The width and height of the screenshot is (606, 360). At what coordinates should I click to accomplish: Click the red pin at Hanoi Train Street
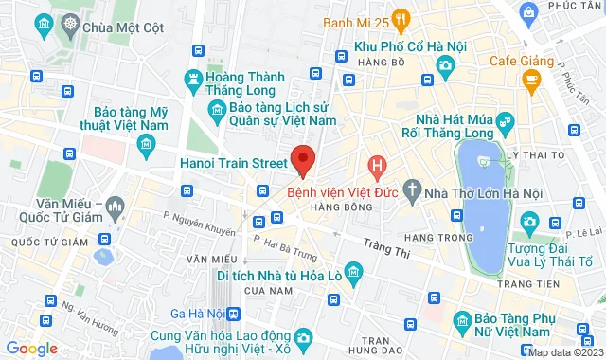coord(303,159)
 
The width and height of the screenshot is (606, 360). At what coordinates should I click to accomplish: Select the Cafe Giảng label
coord(521,62)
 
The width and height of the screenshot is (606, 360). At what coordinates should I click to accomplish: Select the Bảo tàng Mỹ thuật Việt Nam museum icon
coord(146,143)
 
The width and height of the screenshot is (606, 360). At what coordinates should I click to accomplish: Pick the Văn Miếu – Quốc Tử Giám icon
coord(116,206)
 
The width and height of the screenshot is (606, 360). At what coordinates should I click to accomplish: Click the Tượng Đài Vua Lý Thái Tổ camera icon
coord(528,222)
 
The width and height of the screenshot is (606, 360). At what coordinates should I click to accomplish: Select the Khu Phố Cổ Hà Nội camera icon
coord(445,63)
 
